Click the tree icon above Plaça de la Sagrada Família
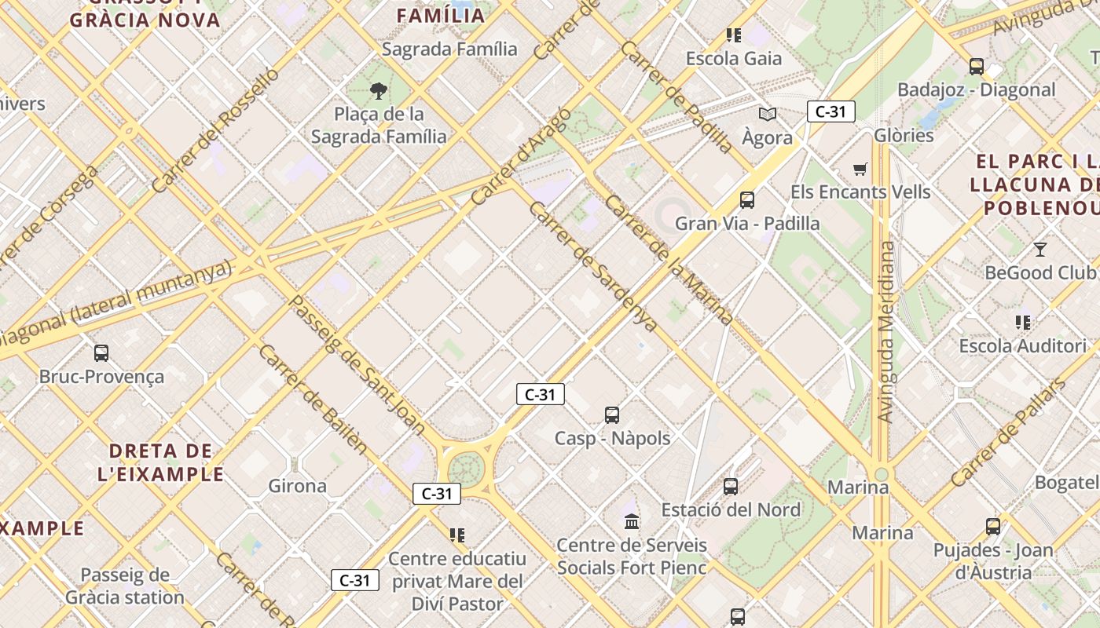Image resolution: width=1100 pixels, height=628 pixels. click(379, 90)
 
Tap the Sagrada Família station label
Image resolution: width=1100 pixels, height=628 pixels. click(449, 49)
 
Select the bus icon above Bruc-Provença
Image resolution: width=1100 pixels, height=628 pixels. click(101, 353)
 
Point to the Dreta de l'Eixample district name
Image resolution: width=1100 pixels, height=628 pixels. click(161, 462)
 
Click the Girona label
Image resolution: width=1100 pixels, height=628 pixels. click(297, 486)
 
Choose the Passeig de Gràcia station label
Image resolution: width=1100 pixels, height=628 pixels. click(125, 586)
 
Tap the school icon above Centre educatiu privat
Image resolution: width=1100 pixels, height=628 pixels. click(457, 535)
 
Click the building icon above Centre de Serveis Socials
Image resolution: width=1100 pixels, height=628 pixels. click(632, 521)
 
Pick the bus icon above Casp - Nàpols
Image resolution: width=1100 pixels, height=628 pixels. click(612, 415)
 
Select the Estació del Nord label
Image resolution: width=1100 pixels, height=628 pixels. click(731, 509)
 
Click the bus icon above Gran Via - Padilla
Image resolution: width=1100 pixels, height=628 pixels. click(747, 200)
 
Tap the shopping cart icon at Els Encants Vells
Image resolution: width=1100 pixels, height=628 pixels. click(860, 169)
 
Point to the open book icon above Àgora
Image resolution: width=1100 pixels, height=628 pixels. click(768, 114)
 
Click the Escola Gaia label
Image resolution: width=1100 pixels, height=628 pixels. click(734, 59)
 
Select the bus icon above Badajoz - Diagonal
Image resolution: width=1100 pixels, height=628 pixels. click(977, 67)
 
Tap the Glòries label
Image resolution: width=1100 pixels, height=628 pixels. click(904, 135)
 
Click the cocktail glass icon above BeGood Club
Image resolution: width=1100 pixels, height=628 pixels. click(1040, 250)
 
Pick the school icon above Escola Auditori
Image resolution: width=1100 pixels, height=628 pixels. click(1022, 322)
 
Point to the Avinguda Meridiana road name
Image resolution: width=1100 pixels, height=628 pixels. click(886, 332)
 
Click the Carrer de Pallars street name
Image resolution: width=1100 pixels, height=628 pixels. click(1008, 433)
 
